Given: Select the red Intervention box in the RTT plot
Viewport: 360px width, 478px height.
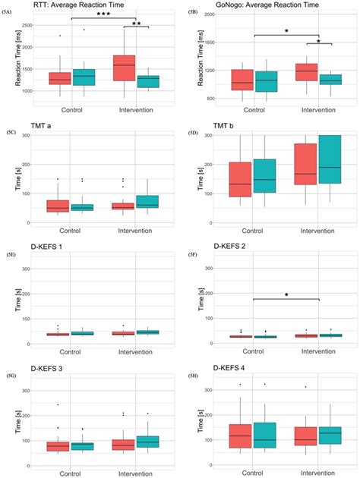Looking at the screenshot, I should (x=123, y=68).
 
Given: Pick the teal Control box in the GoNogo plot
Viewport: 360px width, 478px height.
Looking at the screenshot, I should (x=267, y=81).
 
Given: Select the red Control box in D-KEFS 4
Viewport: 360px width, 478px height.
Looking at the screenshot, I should (x=240, y=436).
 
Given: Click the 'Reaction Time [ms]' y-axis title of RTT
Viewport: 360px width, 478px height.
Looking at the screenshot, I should (x=7, y=63).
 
